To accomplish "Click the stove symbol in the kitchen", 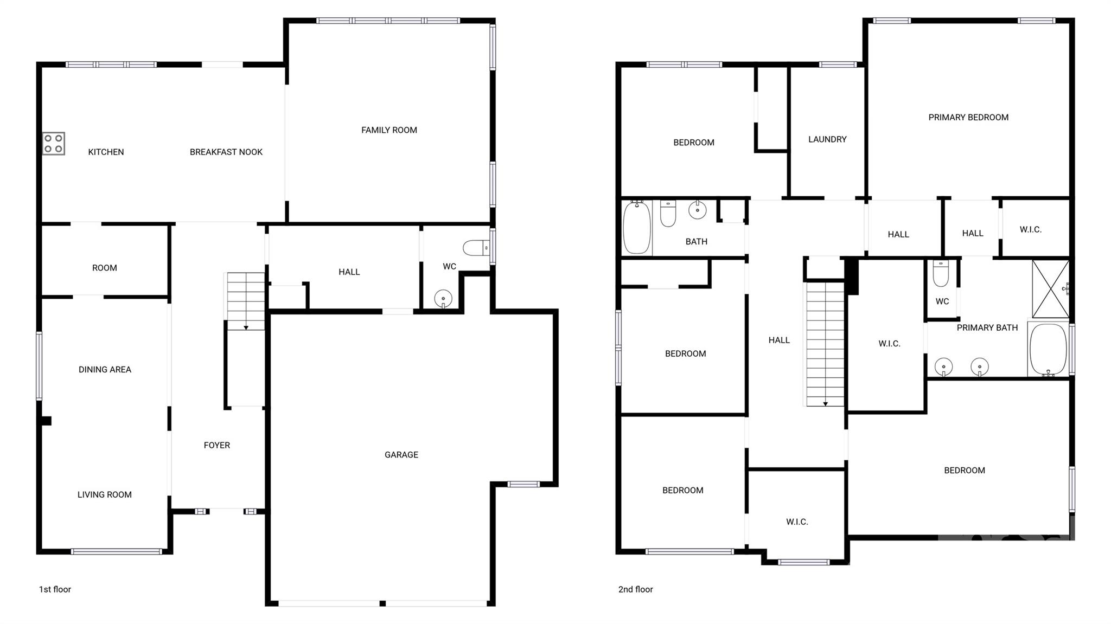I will (x=54, y=144).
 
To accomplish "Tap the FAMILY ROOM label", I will (x=389, y=130).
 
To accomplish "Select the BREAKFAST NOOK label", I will (x=226, y=152).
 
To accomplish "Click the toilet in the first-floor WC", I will (x=476, y=248).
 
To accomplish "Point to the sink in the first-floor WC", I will (x=443, y=299).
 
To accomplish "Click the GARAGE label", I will (x=401, y=455).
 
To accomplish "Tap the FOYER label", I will (x=216, y=445).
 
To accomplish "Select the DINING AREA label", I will (x=105, y=370).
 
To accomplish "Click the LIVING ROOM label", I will (x=104, y=494).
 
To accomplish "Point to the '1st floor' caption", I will (x=55, y=589).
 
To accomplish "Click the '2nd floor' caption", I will (x=635, y=589).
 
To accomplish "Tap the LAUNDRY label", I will (x=827, y=139).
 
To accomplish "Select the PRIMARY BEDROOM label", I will (x=968, y=118).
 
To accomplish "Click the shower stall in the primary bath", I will (x=1051, y=289).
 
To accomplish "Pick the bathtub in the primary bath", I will (x=1048, y=349).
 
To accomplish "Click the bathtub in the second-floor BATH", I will (x=636, y=228).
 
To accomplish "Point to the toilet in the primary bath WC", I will (x=941, y=274).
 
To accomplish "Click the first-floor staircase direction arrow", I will (x=246, y=327).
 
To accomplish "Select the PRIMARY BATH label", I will (x=987, y=327).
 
